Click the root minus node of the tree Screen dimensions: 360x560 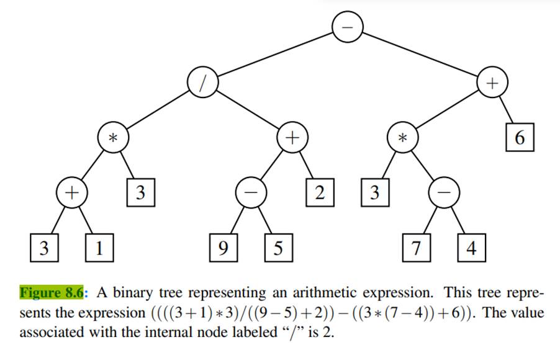(348, 27)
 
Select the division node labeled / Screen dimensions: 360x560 (202, 83)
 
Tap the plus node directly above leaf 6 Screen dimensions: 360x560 (493, 83)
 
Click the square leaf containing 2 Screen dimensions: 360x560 (319, 193)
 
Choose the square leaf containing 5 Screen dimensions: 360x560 (278, 248)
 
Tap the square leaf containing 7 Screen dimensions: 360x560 (416, 248)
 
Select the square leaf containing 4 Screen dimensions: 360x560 (471, 248)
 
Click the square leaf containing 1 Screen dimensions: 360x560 (97, 248)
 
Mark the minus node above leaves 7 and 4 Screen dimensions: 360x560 (444, 193)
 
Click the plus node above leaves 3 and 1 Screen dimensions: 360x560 (71, 193)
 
